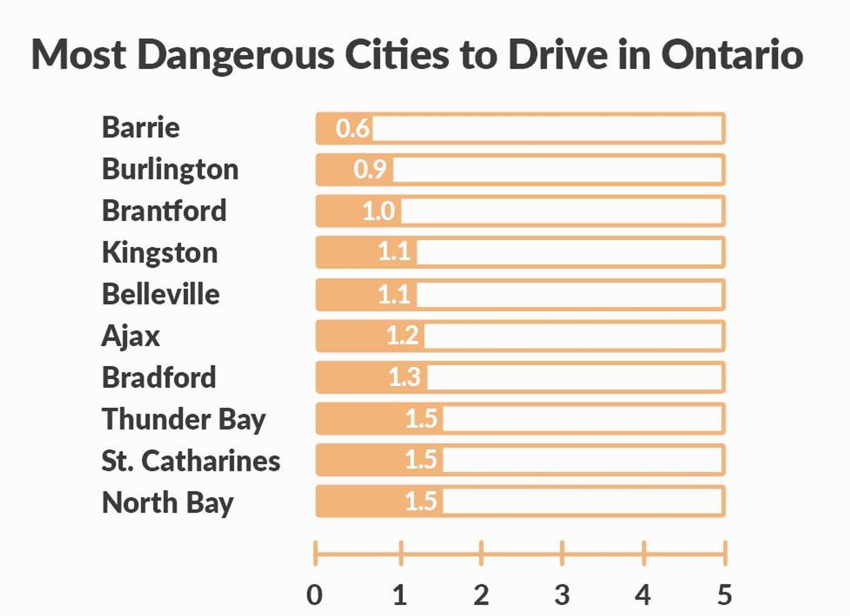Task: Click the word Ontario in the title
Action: coord(732,55)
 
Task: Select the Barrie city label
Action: coord(141,127)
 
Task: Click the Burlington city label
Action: coord(170,169)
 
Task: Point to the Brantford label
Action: coord(164,211)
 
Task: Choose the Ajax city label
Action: coord(131,336)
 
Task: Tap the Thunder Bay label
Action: coord(183,419)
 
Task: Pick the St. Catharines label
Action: coord(191,461)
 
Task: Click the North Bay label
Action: coord(168,503)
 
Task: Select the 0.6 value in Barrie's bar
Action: coord(353,128)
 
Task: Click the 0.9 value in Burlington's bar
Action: coord(370,169)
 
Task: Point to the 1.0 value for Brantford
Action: coord(378,211)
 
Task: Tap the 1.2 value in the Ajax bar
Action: coord(402,336)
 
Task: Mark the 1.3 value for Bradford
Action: coord(404,377)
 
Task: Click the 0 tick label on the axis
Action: coord(314,595)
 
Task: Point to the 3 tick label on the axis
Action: coord(562,595)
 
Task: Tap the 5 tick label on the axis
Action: coord(724,595)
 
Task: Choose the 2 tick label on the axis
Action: coord(481,595)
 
